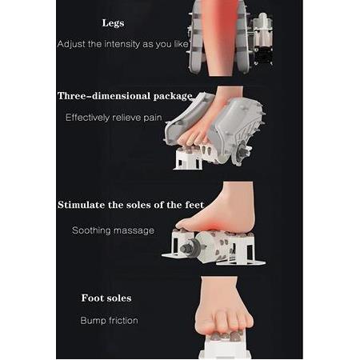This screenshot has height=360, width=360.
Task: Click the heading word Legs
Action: tap(113, 23)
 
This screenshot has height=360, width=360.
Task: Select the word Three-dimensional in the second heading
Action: tap(104, 96)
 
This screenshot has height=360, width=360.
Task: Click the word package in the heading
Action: tap(173, 97)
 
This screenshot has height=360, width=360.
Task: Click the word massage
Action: tap(133, 230)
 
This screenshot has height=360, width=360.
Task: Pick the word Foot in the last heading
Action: tap(92, 298)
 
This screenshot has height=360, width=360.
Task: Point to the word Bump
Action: tap(91, 321)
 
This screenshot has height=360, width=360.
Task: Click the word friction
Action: tap(122, 320)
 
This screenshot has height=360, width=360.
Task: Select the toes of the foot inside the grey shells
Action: tap(192, 135)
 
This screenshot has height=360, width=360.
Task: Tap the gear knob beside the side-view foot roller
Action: tap(189, 247)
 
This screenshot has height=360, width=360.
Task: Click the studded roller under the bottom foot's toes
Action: tap(226, 336)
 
